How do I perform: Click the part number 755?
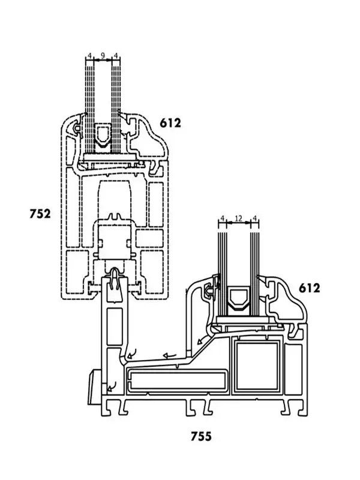point(201,436)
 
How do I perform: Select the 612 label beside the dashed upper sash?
point(170,124)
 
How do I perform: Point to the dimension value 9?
point(103,56)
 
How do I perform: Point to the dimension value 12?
point(238,219)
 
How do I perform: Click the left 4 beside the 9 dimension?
point(90,56)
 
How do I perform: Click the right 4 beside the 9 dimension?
point(116,56)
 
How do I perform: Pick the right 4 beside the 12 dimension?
point(254,219)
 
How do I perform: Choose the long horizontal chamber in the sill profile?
point(177,380)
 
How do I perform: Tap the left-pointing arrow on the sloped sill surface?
point(170,356)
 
